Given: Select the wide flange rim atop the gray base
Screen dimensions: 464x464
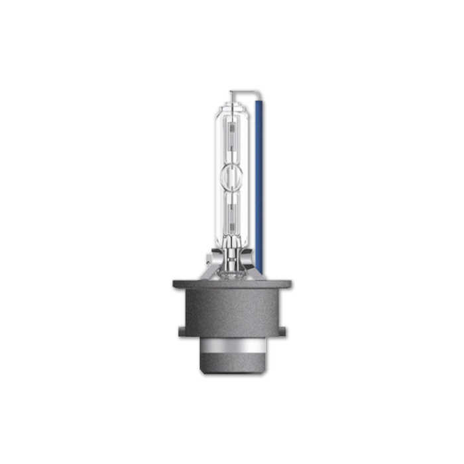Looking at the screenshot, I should pyautogui.click(x=233, y=284).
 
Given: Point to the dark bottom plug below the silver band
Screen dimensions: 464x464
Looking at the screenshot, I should pyautogui.click(x=233, y=365).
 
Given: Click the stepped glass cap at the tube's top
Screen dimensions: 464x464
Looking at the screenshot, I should pyautogui.click(x=233, y=106).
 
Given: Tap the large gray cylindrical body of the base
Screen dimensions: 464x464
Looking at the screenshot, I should pyautogui.click(x=233, y=312).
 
